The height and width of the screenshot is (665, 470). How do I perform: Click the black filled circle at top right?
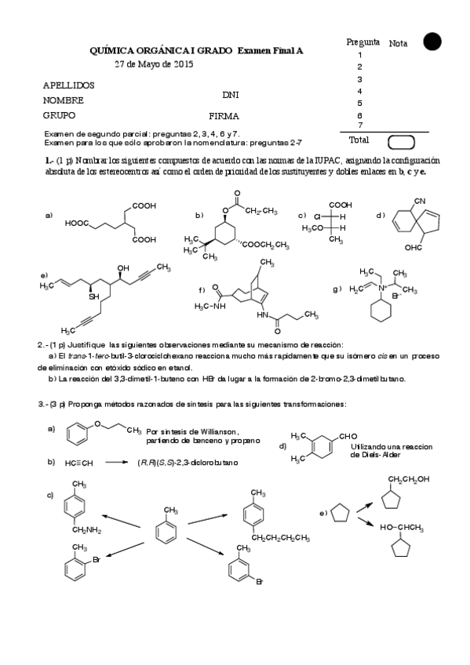click(x=432, y=42)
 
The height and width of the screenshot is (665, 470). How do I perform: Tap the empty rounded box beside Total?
click(x=401, y=141)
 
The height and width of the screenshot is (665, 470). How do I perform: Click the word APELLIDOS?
click(x=68, y=84)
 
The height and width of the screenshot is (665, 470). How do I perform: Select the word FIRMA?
click(x=224, y=115)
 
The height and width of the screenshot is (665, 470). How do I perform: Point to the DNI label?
click(x=230, y=95)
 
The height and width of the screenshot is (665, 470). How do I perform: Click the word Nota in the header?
click(x=398, y=44)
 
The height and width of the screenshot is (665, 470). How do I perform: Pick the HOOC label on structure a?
click(x=78, y=223)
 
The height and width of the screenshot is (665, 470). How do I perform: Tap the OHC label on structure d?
click(x=414, y=248)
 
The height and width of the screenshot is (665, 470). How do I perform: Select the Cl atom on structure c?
click(x=319, y=216)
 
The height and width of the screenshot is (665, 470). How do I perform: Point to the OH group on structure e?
click(x=123, y=269)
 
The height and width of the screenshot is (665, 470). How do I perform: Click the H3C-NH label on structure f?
click(x=208, y=306)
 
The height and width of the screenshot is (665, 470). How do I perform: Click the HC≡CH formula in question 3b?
click(x=80, y=463)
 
